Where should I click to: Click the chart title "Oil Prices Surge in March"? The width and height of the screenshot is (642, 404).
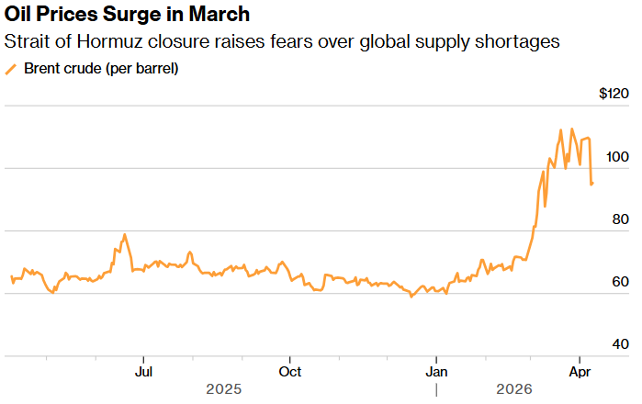(127, 16)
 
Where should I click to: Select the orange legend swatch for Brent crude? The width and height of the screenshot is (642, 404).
(12, 70)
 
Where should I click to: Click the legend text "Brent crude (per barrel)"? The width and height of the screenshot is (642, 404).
(101, 69)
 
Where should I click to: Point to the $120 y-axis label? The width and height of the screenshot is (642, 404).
(614, 94)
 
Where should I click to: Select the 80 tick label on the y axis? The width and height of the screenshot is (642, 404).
(621, 219)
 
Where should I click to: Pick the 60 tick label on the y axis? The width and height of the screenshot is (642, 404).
(621, 281)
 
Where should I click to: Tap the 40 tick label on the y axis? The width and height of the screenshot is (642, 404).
(621, 343)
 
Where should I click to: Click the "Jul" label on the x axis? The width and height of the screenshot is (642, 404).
(143, 372)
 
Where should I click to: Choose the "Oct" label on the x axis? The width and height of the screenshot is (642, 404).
(290, 372)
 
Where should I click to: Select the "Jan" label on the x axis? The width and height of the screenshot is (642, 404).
(436, 372)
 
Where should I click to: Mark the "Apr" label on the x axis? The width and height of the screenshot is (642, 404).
(580, 372)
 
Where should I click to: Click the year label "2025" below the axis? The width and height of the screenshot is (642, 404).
(223, 390)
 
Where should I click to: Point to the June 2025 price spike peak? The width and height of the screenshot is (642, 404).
(124, 235)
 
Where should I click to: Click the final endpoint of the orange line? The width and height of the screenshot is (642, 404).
(592, 184)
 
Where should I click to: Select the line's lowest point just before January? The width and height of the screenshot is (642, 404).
(411, 297)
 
